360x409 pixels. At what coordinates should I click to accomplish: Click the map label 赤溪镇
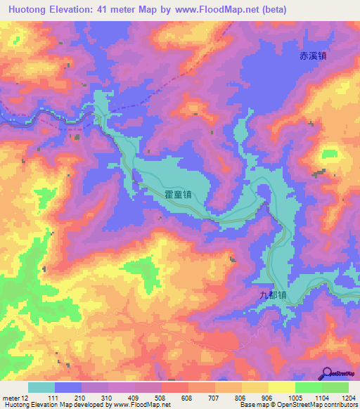(x=311, y=57)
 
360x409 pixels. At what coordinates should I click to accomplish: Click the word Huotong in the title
(x=32, y=10)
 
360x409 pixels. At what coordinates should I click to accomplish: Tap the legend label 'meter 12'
(x=17, y=398)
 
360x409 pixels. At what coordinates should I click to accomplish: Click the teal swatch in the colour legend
(x=41, y=387)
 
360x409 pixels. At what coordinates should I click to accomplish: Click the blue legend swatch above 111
(x=68, y=387)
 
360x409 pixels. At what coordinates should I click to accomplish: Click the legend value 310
(x=108, y=398)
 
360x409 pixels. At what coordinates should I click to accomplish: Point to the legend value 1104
(x=320, y=398)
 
